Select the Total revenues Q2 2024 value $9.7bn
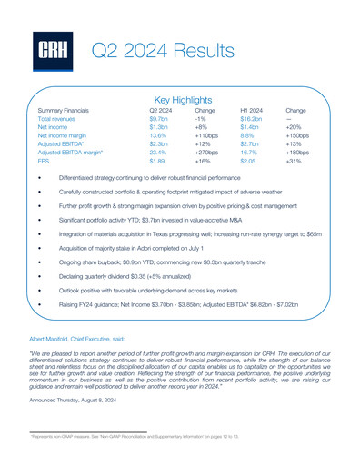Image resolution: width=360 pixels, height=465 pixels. [158, 119]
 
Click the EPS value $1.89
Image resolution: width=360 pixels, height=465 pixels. [157, 161]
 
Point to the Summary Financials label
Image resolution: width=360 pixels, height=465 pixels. [69, 109]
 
